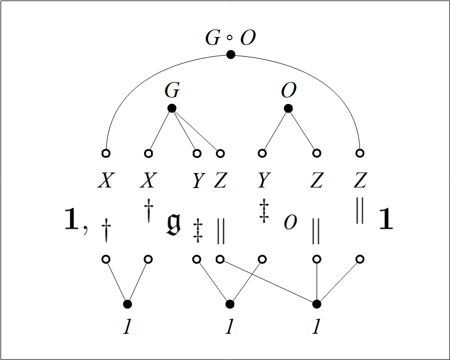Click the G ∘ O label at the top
pos(230,38)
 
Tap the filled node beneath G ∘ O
pos(231,54)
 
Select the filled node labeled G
pos(172,108)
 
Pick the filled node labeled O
pos(288,108)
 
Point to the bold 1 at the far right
pos(386,220)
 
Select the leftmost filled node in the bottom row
pos(127,304)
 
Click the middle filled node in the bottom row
pos(230,304)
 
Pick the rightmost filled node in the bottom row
pos(317,304)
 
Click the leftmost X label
pos(105,181)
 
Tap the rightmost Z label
pos(359,181)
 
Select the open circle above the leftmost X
pos(106,153)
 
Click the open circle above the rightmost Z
pos(360,153)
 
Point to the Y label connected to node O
pos(262,181)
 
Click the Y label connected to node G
pos(198,182)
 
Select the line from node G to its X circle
pos(160,131)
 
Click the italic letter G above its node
pos(172,91)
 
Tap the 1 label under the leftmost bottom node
pos(127,326)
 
